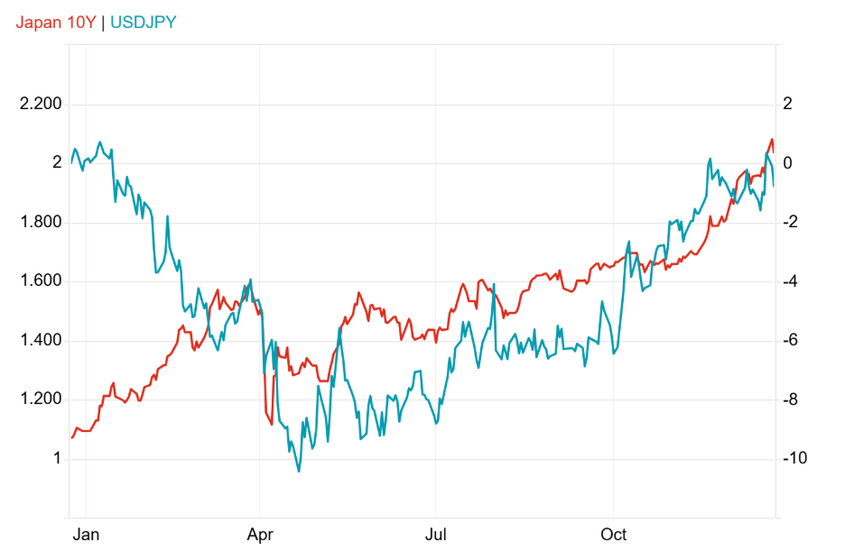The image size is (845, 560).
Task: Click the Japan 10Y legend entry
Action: [55, 23]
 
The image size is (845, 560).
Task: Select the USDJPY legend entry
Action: [144, 23]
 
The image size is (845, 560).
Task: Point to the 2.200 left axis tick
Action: [41, 104]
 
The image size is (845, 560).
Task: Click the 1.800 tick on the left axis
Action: [41, 222]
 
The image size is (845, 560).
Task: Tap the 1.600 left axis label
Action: [41, 280]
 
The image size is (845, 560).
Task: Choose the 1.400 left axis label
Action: [41, 340]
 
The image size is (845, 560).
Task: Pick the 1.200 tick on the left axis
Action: [41, 399]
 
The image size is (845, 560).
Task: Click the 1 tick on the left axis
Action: [57, 458]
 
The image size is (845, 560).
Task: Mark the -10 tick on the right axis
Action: [794, 458]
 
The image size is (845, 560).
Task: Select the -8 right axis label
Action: [791, 399]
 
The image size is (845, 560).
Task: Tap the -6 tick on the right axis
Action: [791, 340]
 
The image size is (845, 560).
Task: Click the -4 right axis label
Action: [791, 280]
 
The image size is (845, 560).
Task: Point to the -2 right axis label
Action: [791, 222]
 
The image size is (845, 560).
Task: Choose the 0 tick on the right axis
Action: [787, 162]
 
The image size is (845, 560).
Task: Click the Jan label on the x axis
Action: [86, 535]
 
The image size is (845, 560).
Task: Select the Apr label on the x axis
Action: [260, 535]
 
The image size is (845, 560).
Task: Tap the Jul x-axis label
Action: [435, 535]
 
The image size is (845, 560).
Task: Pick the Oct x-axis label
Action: [613, 535]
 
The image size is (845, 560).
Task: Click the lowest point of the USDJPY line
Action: [299, 472]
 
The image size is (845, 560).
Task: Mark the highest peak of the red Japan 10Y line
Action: [772, 139]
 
